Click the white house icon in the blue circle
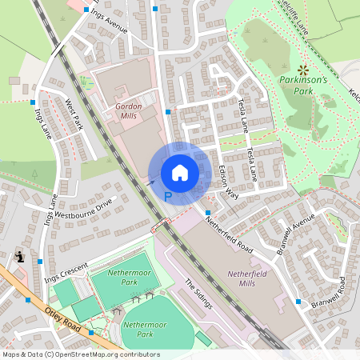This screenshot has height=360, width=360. click(x=180, y=172)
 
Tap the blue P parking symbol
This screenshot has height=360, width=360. click(x=168, y=195)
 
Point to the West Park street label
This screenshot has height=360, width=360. click(x=74, y=115)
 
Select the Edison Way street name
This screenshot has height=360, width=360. click(x=229, y=182)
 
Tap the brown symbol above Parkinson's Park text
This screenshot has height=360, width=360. click(x=303, y=69)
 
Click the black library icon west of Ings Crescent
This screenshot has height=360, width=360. click(x=19, y=257)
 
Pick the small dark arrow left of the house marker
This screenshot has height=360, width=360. click(x=150, y=182)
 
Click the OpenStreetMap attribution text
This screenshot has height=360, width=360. click(x=81, y=354)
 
